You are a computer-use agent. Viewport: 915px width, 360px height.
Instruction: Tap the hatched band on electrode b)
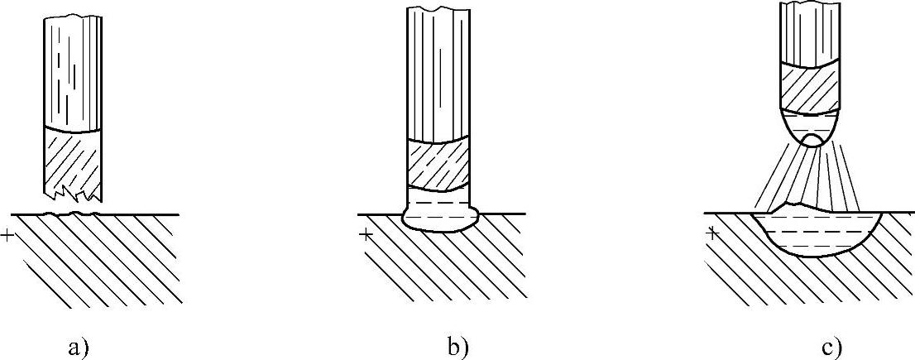pos(439,164)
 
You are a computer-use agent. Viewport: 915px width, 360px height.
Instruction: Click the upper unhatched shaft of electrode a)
pos(72,74)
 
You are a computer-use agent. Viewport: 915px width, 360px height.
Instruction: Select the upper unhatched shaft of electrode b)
pos(438,74)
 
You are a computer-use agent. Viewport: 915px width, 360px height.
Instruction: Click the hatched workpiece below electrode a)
pos(91,257)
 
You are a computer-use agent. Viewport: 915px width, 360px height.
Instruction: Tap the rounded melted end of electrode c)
pos(812,124)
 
